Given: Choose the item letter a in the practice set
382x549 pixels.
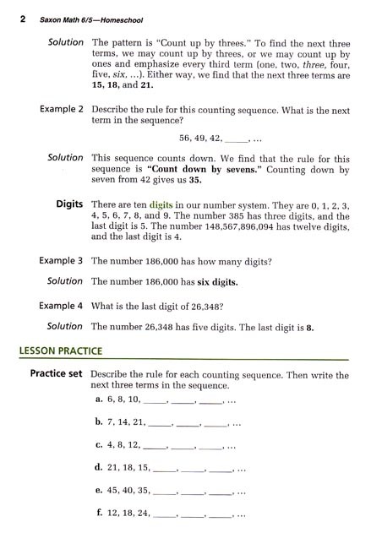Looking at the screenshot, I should click(100, 399).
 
